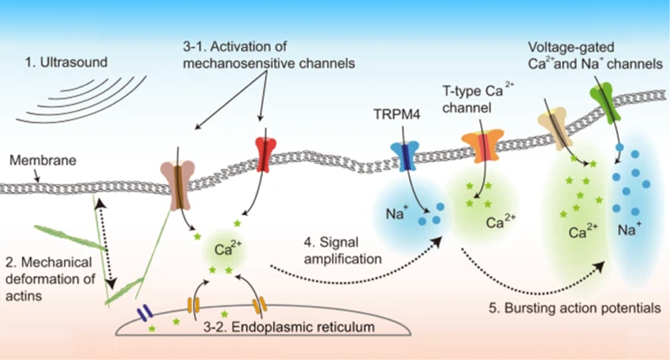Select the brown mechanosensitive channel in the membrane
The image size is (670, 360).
tap(178, 186)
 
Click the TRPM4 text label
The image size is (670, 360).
tap(396, 114)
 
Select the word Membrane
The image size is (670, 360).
tap(43, 160)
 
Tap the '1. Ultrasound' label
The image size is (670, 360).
tap(66, 62)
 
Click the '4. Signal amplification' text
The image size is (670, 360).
tap(342, 251)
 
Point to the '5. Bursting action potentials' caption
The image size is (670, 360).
tap(574, 308)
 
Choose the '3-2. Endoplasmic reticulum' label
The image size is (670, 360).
tap(289, 327)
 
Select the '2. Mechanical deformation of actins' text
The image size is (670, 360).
tap(50, 279)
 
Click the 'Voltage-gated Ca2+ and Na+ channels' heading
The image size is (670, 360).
tap(595, 56)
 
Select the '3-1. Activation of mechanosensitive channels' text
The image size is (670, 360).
tap(268, 55)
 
